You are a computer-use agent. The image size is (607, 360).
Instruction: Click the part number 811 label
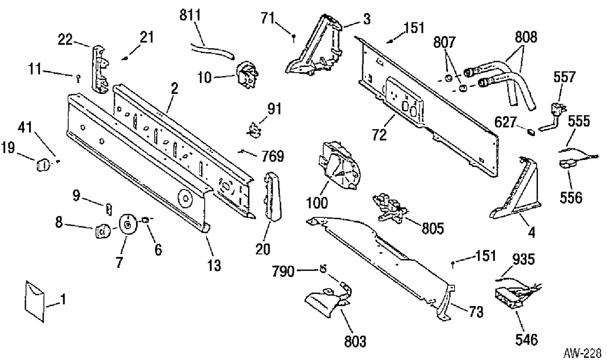pos(190,15)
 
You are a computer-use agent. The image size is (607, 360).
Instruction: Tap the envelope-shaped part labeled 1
pos(35,301)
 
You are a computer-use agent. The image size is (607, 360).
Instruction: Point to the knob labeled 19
pos(43,165)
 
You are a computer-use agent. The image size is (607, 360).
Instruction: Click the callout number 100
pos(317,202)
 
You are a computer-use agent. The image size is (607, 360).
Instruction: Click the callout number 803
pos(355,341)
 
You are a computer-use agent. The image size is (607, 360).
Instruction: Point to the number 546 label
pos(526,340)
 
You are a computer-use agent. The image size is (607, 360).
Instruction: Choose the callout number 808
pos(526,37)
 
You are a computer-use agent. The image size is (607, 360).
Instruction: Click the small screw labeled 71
pos(293,38)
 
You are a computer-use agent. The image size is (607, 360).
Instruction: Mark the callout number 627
pos(505,122)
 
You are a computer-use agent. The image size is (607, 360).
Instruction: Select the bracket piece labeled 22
pos(100,70)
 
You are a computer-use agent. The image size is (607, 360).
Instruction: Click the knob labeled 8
pos(103,231)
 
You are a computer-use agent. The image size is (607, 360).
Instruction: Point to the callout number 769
pos(273,156)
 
